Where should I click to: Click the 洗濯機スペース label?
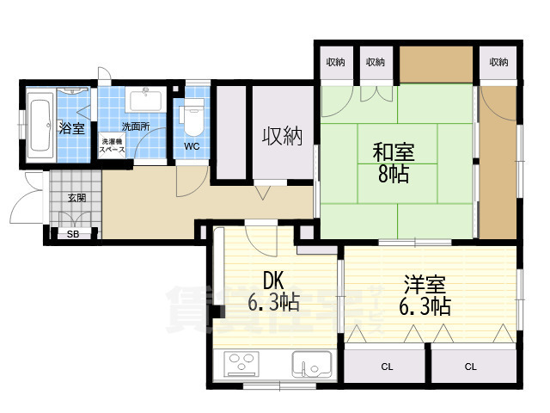[113, 145]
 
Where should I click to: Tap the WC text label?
[191, 146]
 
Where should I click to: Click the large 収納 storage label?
[282, 135]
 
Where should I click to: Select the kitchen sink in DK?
[311, 365]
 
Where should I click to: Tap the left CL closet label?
[387, 367]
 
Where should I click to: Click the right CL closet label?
[470, 367]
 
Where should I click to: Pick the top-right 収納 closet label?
[499, 62]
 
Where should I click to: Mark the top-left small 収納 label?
[335, 62]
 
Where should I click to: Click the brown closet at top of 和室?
[437, 62]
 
